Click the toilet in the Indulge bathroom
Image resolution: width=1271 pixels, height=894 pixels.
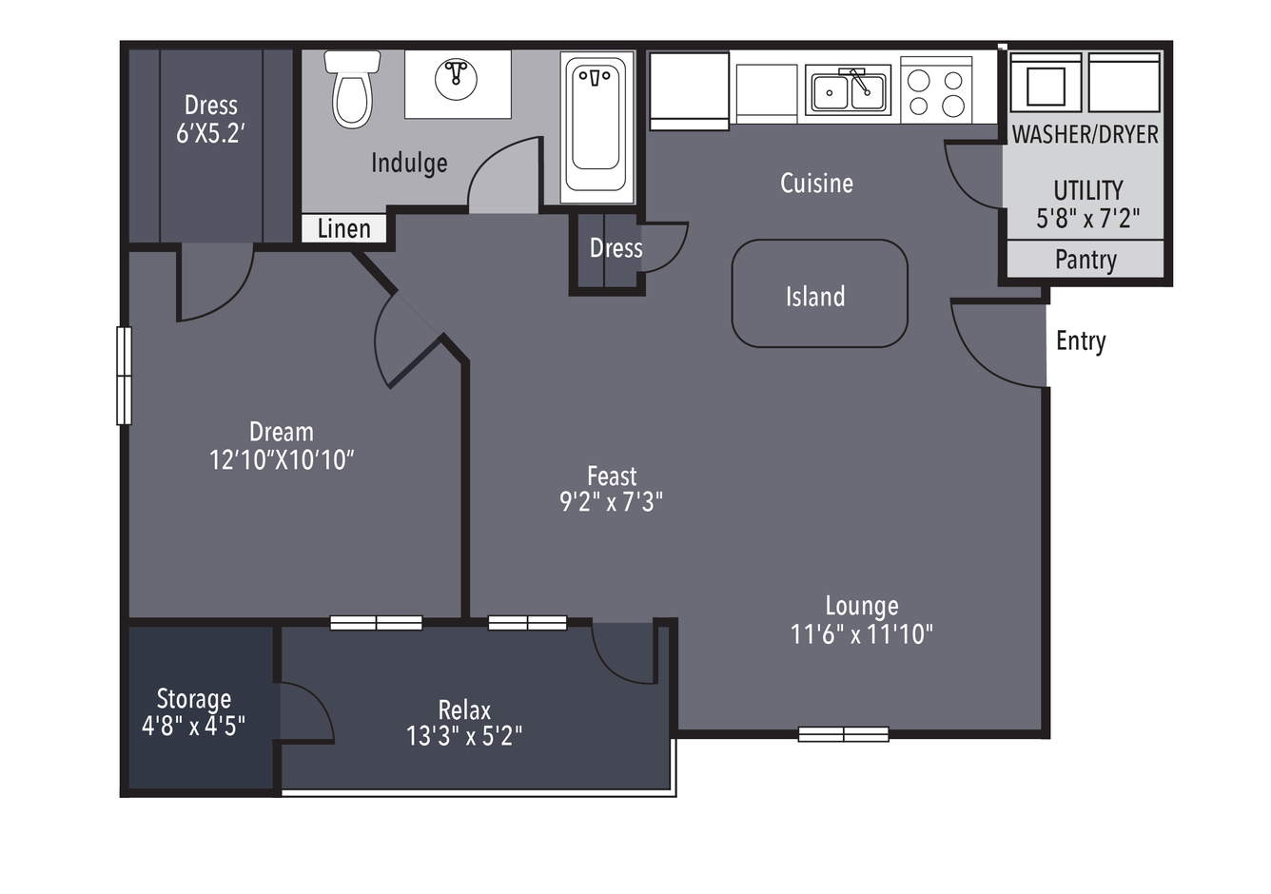coord(352,89)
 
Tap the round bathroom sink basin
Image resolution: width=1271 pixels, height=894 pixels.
coord(456,80)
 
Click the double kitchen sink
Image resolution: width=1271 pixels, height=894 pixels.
coord(849,90)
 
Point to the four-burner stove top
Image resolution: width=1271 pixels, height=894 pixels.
coord(936,90)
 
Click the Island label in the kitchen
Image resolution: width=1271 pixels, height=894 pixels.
coord(815,296)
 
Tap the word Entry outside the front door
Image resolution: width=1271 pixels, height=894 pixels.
coord(1081,341)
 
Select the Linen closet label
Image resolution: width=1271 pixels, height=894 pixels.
coord(343,228)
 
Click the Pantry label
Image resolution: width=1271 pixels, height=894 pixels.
coord(1086,260)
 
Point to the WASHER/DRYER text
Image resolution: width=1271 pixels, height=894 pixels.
coord(1085,134)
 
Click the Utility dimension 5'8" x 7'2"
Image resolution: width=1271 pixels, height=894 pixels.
coord(1087,219)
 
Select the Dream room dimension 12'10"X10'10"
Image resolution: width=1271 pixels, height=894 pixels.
coord(282,460)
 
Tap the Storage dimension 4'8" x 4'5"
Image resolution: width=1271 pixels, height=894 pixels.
coord(193,726)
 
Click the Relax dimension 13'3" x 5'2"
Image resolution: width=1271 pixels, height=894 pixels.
coord(464,736)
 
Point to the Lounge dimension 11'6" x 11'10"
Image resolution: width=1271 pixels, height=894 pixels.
coord(861,634)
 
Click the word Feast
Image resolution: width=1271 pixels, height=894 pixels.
coord(612,476)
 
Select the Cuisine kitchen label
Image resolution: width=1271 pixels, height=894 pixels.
coord(816,184)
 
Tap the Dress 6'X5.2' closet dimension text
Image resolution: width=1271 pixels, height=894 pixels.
coord(210,134)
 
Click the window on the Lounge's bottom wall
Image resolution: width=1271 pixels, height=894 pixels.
coord(843,734)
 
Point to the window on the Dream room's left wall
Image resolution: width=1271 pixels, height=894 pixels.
coord(125,376)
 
